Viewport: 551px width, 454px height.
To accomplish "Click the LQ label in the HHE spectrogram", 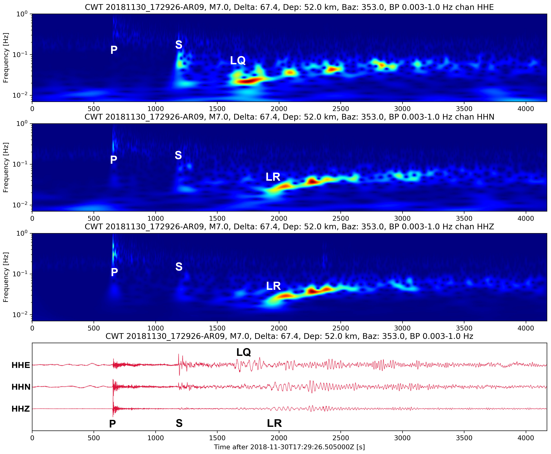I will (x=238, y=61).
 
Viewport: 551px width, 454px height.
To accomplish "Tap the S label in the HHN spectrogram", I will (x=178, y=155).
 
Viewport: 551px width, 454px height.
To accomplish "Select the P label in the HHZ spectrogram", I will (x=114, y=272).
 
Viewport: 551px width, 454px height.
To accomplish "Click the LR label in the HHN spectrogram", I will (x=273, y=177).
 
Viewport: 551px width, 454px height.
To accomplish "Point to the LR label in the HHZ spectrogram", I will (x=273, y=286).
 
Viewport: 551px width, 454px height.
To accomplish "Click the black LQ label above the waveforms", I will (x=243, y=352).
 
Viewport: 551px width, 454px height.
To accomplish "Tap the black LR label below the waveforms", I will (x=274, y=423).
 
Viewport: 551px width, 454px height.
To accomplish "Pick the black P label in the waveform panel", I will (x=112, y=424).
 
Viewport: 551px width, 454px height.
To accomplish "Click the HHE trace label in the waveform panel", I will (x=21, y=365).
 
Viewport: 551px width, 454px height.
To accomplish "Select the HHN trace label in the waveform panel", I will (x=21, y=387).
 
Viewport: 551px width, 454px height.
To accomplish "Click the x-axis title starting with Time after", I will (x=289, y=447).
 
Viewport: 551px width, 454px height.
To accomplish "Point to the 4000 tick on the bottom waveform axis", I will (x=526, y=438).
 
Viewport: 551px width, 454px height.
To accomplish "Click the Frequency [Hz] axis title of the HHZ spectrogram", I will (x=6, y=277).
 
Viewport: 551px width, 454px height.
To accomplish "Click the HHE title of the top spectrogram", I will (x=289, y=7).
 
